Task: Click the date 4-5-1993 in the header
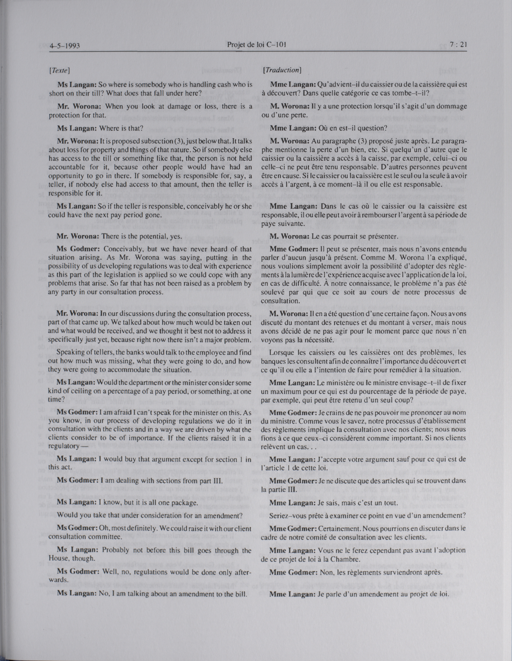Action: click(64, 46)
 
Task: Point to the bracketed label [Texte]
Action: click(60, 71)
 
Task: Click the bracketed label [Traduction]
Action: click(282, 70)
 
